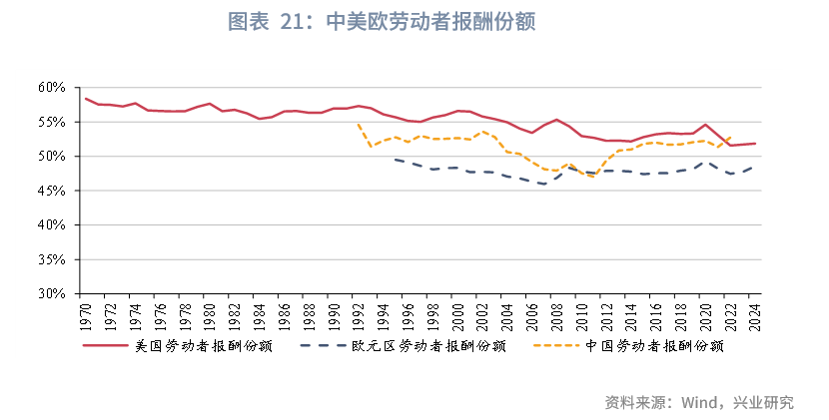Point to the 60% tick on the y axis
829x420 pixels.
click(x=52, y=88)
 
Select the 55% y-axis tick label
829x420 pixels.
click(x=52, y=122)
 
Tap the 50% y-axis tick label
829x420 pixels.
click(x=52, y=157)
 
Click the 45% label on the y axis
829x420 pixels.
click(x=52, y=191)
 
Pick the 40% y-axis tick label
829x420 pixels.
click(x=52, y=225)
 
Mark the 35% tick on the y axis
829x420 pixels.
click(x=52, y=259)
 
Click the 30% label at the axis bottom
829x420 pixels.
click(x=52, y=294)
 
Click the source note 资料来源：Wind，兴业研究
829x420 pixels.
click(x=698, y=403)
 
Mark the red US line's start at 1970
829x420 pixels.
click(x=86, y=99)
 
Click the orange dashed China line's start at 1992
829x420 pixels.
click(x=359, y=124)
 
